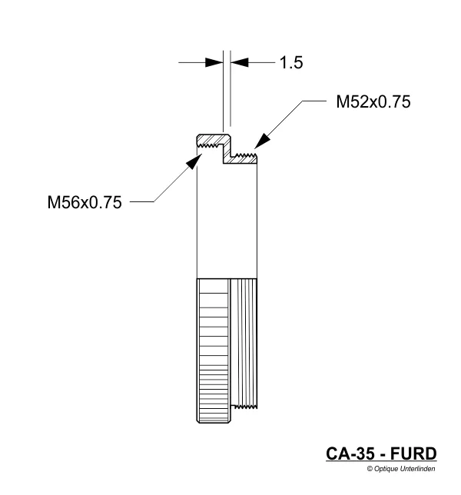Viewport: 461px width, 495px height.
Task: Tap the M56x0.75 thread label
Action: pyautogui.click(x=84, y=203)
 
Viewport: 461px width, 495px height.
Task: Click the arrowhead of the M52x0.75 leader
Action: pyautogui.click(x=260, y=139)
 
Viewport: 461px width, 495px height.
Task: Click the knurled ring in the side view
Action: pyautogui.click(x=213, y=350)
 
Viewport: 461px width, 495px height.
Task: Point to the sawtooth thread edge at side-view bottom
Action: pyautogui.click(x=246, y=406)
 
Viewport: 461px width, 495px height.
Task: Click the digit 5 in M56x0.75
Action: pyautogui.click(x=67, y=203)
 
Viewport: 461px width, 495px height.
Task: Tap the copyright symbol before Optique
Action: pyautogui.click(x=370, y=467)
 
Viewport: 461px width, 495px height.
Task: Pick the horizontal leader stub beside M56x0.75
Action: pyautogui.click(x=142, y=203)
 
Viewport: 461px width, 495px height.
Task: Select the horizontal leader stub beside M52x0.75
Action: pyautogui.click(x=315, y=99)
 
